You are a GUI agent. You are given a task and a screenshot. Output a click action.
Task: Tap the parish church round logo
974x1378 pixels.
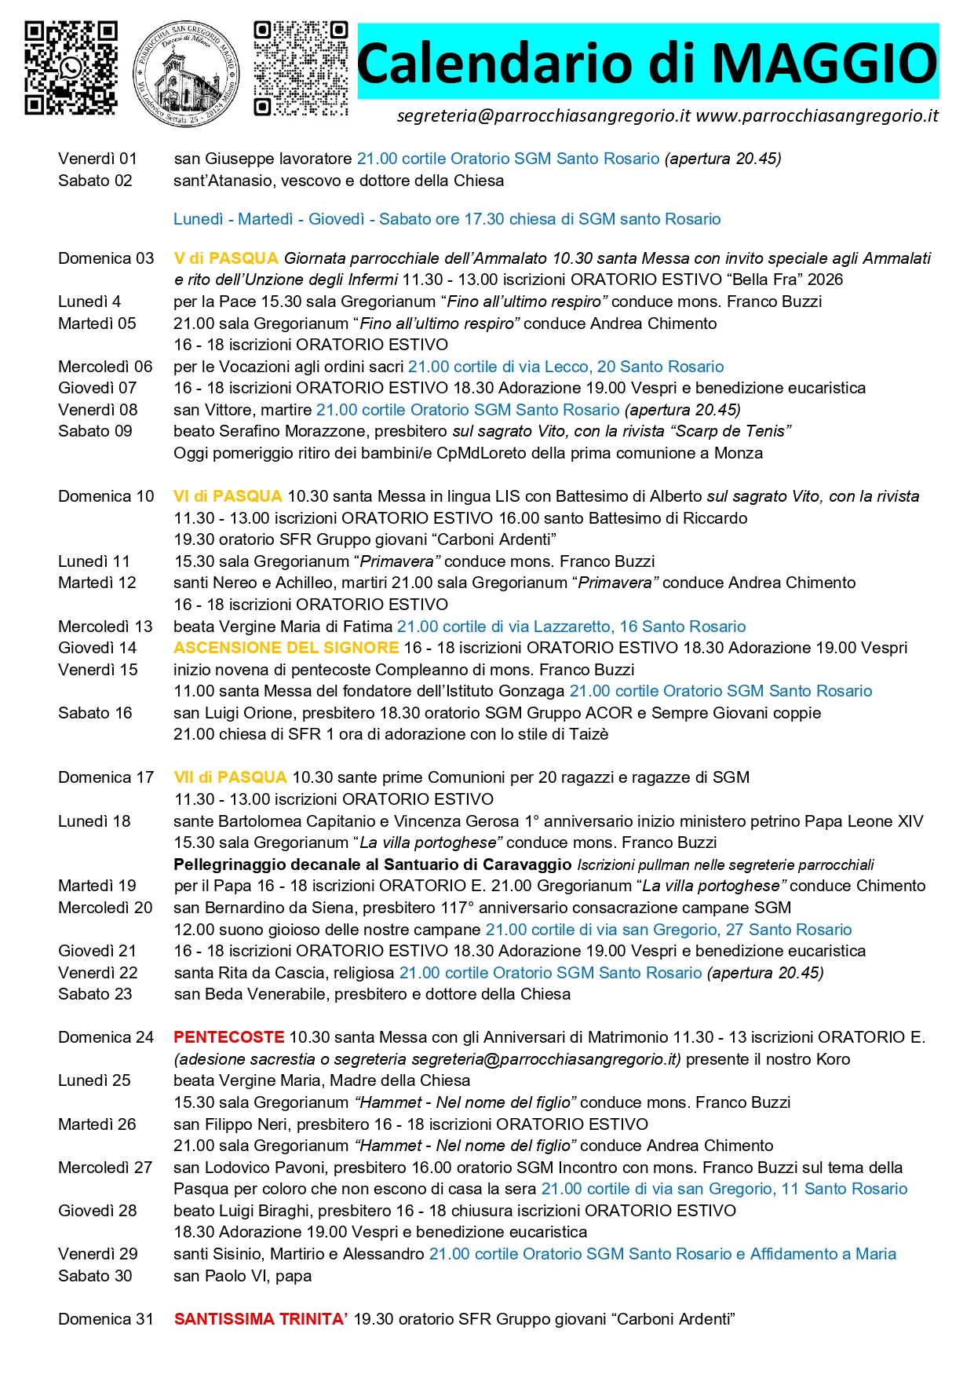pyautogui.click(x=186, y=74)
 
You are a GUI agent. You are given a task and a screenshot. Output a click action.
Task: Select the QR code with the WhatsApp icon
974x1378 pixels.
pyautogui.click(x=71, y=68)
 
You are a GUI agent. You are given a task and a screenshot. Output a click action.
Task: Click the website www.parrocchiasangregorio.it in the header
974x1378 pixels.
pyautogui.click(x=817, y=116)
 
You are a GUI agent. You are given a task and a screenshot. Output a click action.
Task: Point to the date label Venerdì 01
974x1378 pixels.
pyautogui.click(x=97, y=159)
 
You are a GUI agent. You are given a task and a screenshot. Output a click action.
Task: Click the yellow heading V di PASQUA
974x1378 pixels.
pyautogui.click(x=226, y=258)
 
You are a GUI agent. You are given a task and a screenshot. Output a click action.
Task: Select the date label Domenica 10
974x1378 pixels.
pyautogui.click(x=106, y=496)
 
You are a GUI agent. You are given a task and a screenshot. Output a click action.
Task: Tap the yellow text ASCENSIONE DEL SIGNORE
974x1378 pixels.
pyautogui.click(x=286, y=648)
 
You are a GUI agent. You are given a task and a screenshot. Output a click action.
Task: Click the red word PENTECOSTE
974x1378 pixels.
pyautogui.click(x=228, y=1037)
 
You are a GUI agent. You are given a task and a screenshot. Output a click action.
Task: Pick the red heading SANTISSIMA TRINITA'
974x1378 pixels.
pyautogui.click(x=261, y=1319)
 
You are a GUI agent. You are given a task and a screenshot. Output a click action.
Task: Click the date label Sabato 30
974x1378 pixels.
pyautogui.click(x=95, y=1276)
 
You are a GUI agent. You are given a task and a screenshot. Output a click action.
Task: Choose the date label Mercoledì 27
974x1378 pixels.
pyautogui.click(x=105, y=1168)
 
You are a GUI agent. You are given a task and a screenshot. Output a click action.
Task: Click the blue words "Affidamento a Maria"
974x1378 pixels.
pyautogui.click(x=823, y=1254)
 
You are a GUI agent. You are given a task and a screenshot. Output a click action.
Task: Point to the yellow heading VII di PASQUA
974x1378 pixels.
pyautogui.click(x=230, y=777)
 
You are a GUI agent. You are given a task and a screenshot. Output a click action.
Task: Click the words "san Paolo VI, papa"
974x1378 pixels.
pyautogui.click(x=243, y=1276)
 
